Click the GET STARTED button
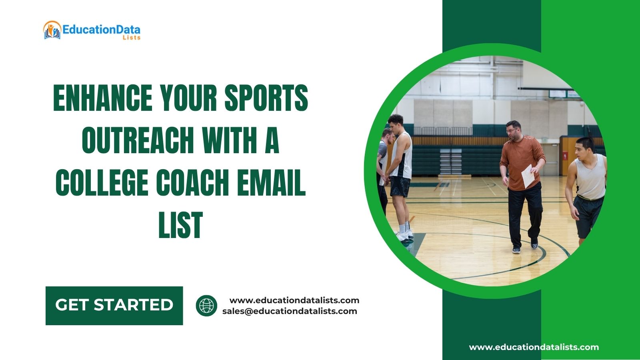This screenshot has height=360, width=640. click(114, 305)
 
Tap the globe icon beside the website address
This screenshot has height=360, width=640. click(206, 306)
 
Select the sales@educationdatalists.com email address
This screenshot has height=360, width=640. click(290, 311)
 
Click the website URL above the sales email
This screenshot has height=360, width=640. click(294, 300)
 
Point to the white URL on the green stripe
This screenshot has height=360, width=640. click(534, 347)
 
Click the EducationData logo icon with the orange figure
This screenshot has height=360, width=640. click(52, 30)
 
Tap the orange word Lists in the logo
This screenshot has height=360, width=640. click(132, 38)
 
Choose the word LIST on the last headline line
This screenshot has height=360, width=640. click(181, 225)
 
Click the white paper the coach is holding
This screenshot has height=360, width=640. click(528, 176)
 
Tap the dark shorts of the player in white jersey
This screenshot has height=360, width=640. click(400, 186)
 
